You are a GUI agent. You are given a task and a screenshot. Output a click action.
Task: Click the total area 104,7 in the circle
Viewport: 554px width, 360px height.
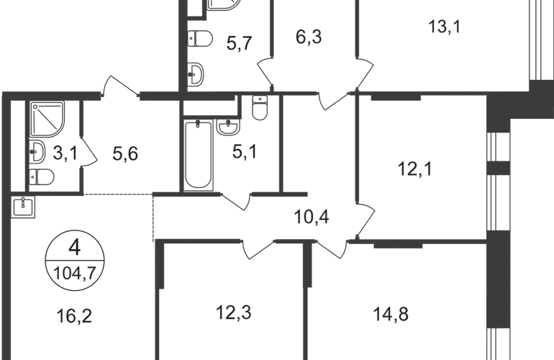[74, 271]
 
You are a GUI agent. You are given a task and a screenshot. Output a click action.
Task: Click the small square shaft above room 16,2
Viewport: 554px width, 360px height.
[22, 208]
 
